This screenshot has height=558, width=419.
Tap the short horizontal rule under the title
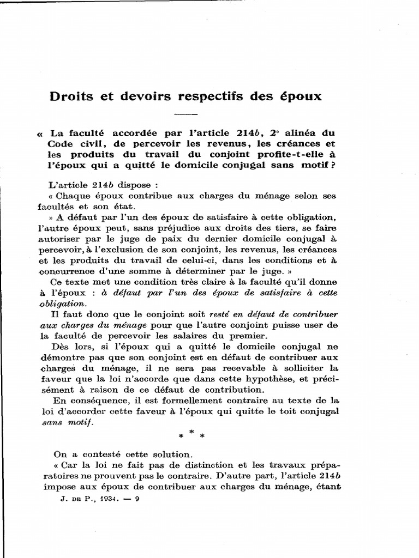click(186, 114)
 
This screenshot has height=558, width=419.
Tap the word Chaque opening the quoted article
click(73, 195)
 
